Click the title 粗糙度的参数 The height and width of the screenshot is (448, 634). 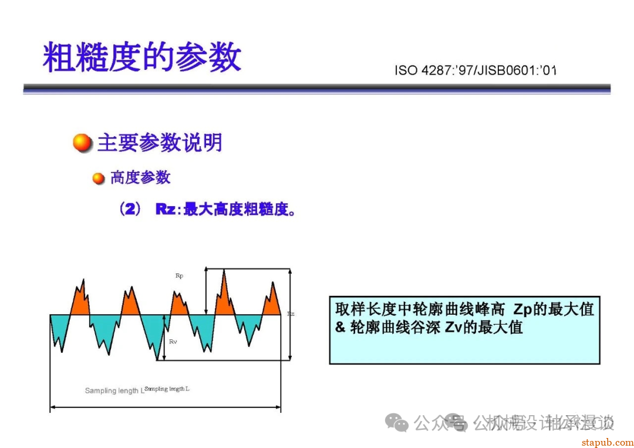pos(142,57)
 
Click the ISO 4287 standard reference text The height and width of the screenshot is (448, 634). pos(475,71)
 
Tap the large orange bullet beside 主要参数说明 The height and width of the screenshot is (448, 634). pos(83,143)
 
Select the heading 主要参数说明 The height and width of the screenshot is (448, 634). pos(160,143)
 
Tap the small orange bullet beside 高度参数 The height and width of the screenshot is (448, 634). pos(99,178)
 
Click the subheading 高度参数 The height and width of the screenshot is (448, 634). pos(140,177)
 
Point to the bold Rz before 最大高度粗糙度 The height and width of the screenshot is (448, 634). pos(166,209)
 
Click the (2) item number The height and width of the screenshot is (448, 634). pos(130,209)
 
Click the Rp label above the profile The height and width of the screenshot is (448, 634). pos(179,275)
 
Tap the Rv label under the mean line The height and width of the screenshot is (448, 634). pos(173,341)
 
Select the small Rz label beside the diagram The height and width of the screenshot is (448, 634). pos(291,314)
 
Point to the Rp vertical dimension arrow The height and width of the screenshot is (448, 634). pos(205,291)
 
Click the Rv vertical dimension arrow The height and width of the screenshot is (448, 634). pos(165,338)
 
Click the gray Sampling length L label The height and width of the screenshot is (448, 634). pos(112,390)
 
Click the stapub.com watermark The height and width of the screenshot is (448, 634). pos(607,442)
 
